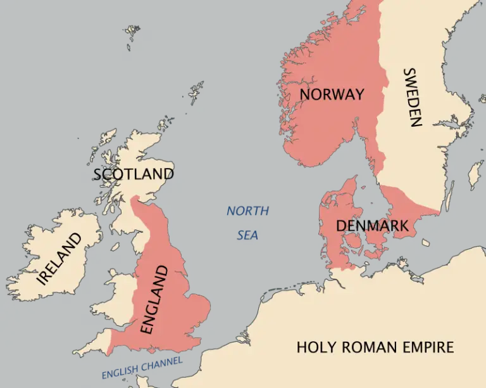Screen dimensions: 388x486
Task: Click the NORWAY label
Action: [x=332, y=94]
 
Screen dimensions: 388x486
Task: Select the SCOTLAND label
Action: [x=134, y=174]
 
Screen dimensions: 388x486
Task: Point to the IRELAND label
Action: [x=60, y=259]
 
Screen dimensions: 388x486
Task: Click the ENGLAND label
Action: [x=154, y=299]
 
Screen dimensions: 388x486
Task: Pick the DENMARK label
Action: [x=372, y=226]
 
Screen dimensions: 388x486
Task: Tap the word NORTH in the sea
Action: [x=248, y=211]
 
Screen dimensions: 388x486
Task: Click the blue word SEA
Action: [x=247, y=235]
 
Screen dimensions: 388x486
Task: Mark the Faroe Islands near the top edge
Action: [x=131, y=32]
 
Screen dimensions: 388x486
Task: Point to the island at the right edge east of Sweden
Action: [x=475, y=175]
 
